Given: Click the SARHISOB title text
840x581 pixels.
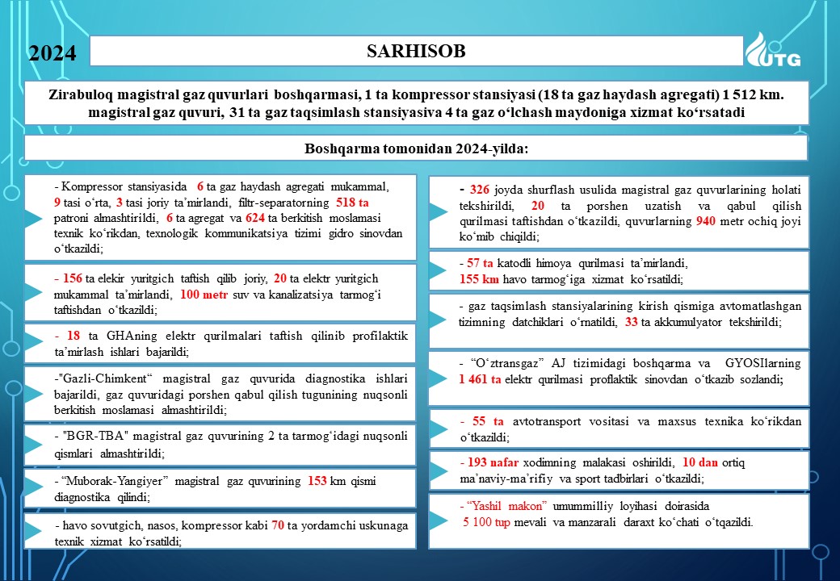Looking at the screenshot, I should point(416,51).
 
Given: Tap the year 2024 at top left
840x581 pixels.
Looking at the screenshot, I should point(52,53).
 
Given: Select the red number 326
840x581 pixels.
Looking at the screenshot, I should point(479,189).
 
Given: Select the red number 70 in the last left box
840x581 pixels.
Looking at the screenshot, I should point(278,525).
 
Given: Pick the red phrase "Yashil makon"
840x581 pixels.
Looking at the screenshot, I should point(506,506).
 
